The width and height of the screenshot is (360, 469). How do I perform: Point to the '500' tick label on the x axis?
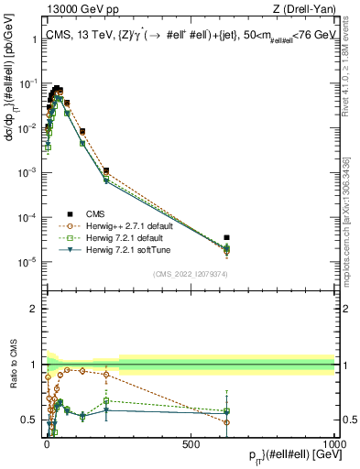click(191, 442)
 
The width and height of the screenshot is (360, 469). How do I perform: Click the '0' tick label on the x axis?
click(47, 442)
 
